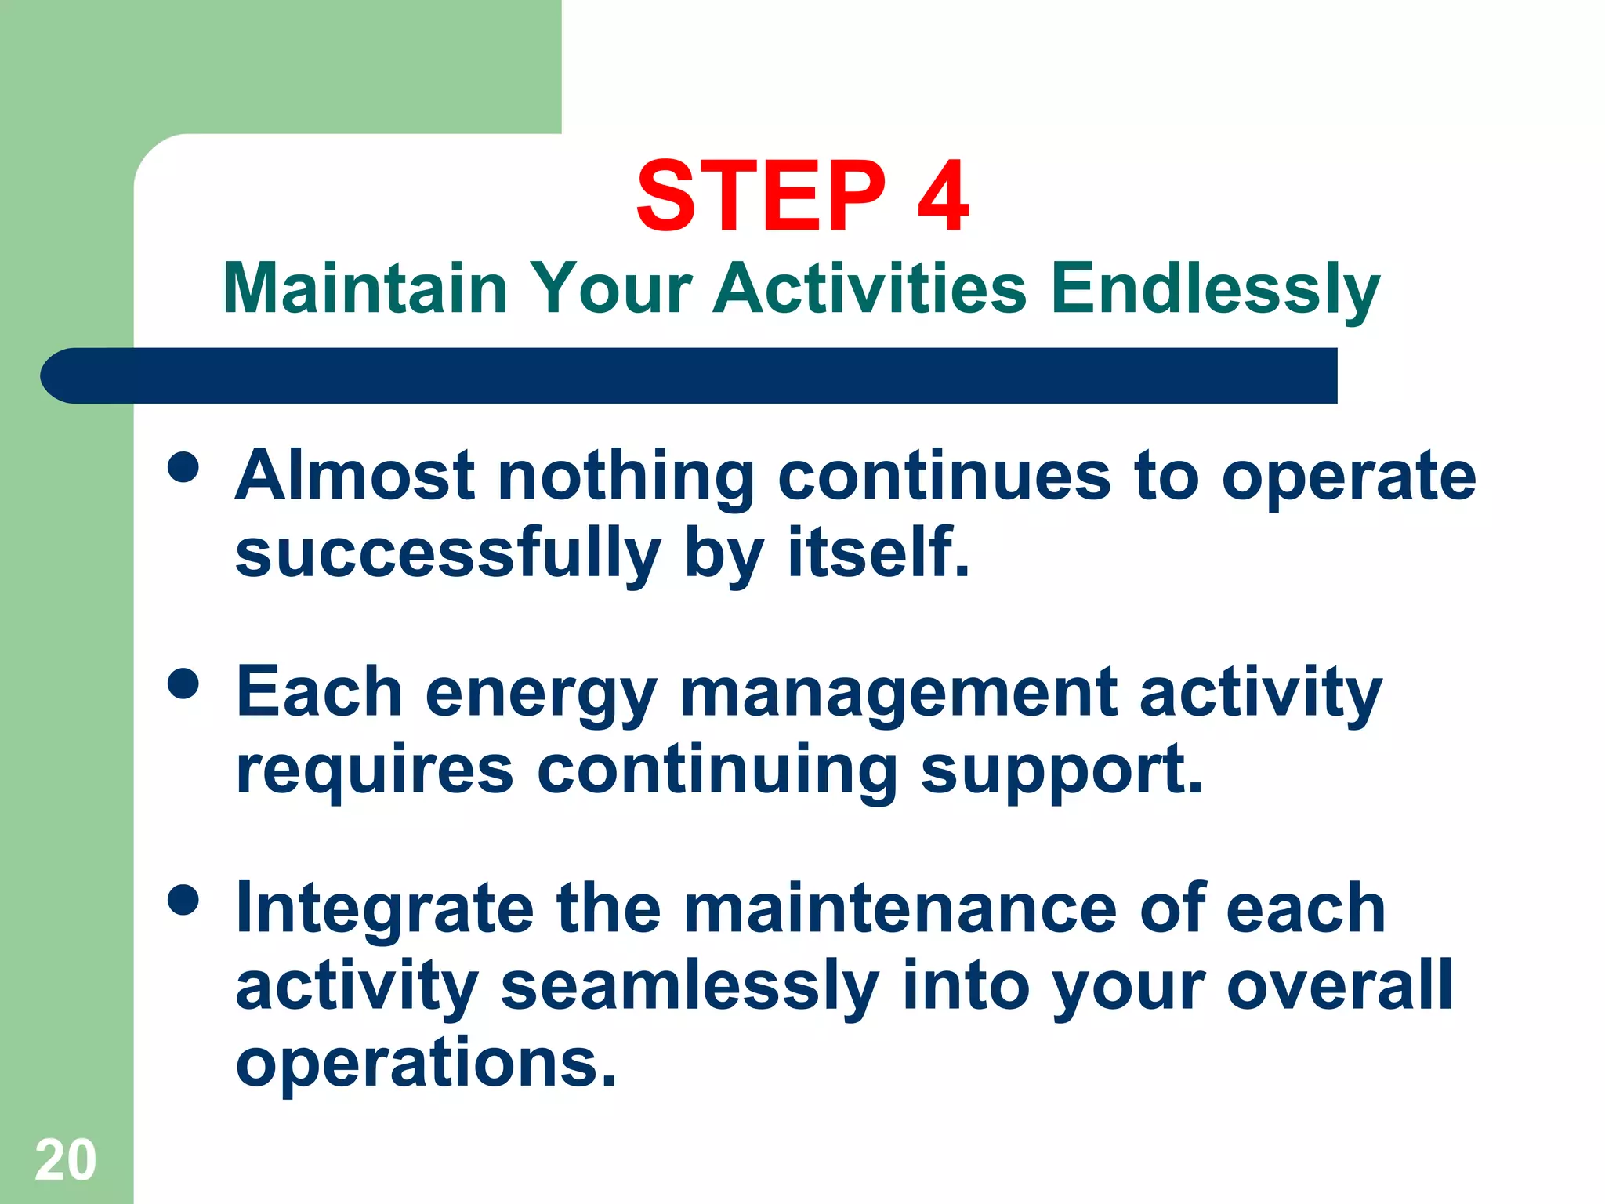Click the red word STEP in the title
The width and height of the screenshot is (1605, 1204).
tap(760, 196)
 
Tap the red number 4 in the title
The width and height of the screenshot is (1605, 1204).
tap(944, 196)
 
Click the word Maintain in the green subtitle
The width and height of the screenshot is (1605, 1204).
tap(365, 288)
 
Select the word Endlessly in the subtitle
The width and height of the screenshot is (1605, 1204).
tap(1215, 288)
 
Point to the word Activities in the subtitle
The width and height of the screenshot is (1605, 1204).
tap(869, 288)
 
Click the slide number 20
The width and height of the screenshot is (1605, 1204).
tap(65, 1160)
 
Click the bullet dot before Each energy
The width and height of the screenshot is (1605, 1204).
tap(183, 684)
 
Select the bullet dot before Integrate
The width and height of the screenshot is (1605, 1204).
tap(183, 900)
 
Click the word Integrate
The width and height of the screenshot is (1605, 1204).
tap(384, 909)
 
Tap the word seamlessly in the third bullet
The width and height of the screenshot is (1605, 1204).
tap(690, 986)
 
